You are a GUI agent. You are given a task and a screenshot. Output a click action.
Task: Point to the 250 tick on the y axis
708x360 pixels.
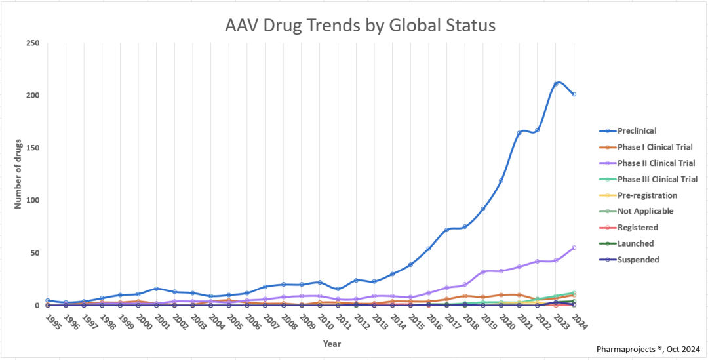[33, 43]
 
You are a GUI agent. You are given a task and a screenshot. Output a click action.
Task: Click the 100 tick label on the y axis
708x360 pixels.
[33, 201]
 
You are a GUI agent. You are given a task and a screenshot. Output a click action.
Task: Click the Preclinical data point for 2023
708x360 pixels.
[556, 84]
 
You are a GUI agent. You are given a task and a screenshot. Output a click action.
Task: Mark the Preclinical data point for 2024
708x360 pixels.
[574, 94]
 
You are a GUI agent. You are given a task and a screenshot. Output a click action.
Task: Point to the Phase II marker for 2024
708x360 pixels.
[574, 248]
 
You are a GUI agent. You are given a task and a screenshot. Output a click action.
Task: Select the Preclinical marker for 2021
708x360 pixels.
[519, 133]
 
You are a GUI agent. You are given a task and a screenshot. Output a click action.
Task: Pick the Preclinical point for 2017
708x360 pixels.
[446, 230]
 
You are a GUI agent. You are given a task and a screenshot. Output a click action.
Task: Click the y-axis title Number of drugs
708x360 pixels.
[19, 174]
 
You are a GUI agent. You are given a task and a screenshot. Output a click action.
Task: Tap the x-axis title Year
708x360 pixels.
[332, 343]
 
